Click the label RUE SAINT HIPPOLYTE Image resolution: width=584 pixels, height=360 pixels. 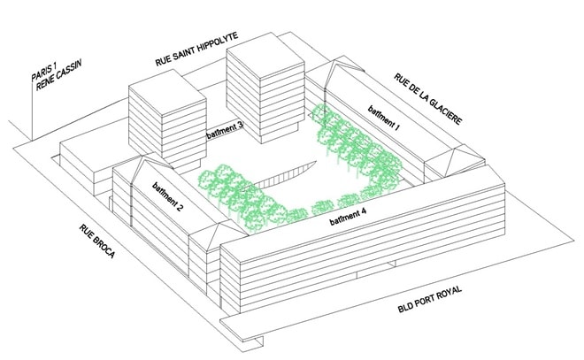click(196, 50)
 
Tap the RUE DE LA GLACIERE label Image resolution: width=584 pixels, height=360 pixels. click(428, 99)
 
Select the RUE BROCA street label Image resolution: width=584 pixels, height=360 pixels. click(96, 241)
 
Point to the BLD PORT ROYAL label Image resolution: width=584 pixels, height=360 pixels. click(430, 299)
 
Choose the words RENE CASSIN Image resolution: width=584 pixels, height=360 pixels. click(59, 75)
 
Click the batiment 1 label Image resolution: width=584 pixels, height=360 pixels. click(384, 119)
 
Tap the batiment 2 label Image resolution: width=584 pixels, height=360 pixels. click(167, 197)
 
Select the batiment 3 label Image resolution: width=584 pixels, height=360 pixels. click(225, 130)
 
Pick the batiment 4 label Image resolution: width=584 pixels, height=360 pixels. click(348, 217)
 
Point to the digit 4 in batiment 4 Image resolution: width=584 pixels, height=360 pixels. click(364, 211)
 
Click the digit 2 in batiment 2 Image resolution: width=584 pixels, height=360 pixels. click(180, 209)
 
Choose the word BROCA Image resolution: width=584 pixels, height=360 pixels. click(104, 248)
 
